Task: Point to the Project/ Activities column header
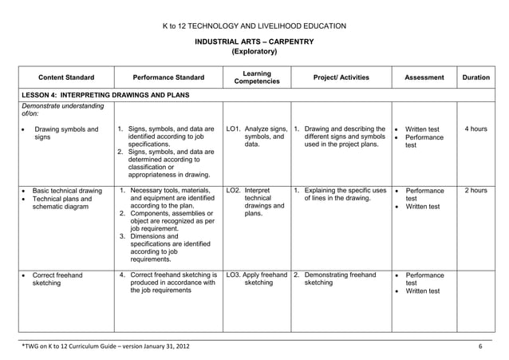point(341,77)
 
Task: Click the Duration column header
point(475,77)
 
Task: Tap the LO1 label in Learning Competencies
point(234,128)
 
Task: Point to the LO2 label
point(234,191)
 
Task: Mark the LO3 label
point(234,275)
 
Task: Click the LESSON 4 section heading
point(104,96)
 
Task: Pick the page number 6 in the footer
point(480,346)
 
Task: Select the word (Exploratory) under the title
point(254,52)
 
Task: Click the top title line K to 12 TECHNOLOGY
point(254,26)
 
